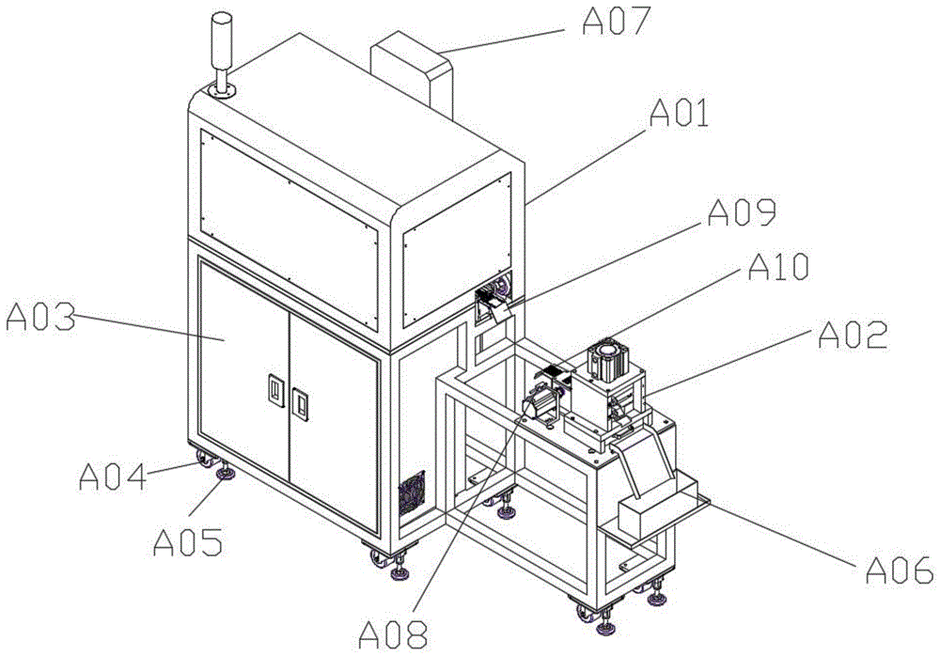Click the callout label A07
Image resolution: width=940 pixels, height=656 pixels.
[617, 22]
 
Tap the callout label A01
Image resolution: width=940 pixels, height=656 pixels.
[680, 113]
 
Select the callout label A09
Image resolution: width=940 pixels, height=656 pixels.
[743, 212]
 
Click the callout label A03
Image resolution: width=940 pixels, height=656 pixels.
[40, 318]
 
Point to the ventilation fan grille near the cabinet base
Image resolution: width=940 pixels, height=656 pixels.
[413, 492]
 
